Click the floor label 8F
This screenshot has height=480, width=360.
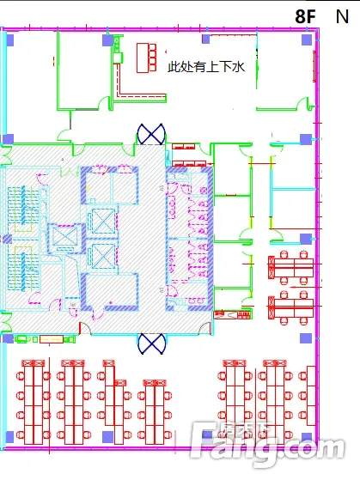305,16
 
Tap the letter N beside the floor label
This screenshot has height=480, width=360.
342,16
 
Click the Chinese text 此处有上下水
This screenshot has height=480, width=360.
206,66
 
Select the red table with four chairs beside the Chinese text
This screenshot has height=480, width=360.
146,58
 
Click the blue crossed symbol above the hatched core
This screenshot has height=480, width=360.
151,134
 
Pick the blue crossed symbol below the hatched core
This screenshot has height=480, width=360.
151,343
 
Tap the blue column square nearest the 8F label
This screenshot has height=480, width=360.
307,39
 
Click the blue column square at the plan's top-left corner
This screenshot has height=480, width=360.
9,40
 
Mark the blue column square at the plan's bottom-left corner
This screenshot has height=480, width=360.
9,437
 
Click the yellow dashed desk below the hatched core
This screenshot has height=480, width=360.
52,339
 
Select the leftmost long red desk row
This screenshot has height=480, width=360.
34,402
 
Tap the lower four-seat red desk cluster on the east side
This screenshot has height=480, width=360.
290,308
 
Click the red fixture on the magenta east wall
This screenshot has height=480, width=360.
314,66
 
